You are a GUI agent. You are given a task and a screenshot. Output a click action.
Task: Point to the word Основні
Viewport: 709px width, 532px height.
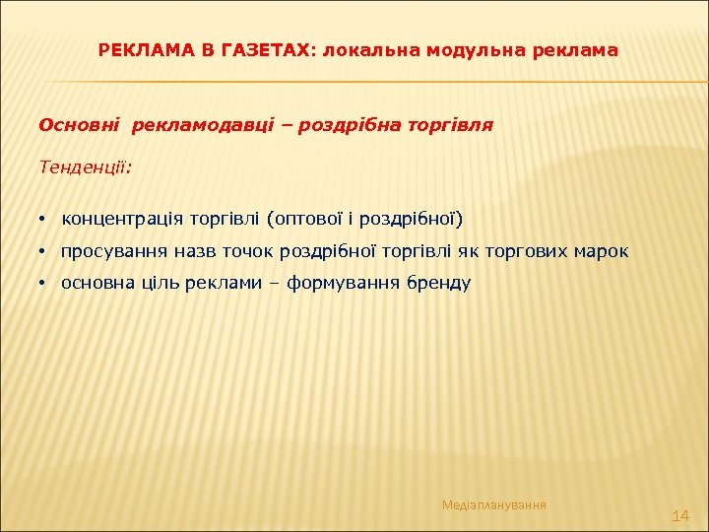tap(79, 125)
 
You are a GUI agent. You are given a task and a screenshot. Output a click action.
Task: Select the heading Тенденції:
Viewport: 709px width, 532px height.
tap(85, 167)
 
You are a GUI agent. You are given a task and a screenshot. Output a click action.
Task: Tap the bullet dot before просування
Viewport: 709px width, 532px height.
tap(44, 252)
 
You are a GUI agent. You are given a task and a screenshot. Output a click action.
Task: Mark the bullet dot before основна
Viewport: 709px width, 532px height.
tap(44, 284)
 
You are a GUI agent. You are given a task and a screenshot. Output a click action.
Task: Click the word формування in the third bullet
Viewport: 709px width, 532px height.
tap(342, 283)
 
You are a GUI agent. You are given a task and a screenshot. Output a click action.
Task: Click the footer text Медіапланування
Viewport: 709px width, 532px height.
tap(494, 505)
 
